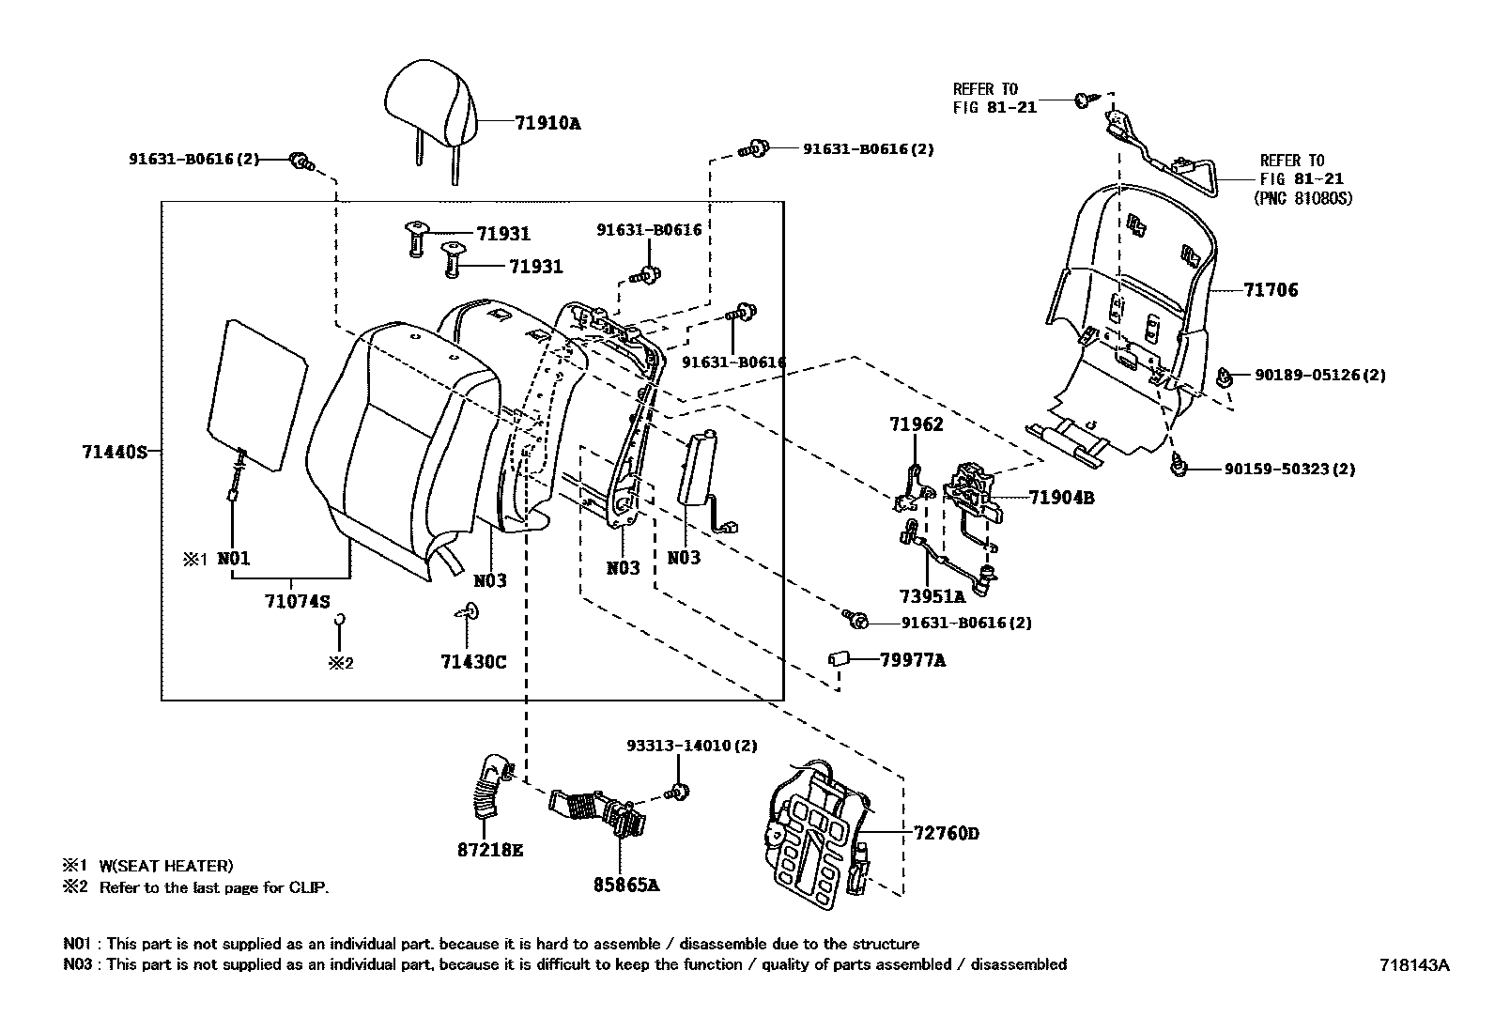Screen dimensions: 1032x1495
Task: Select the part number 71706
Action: (1271, 290)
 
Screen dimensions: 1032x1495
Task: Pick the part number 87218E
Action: (489, 850)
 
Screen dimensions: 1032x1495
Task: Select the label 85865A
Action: (625, 884)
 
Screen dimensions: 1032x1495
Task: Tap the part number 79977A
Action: (912, 660)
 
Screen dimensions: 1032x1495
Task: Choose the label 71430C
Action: (473, 662)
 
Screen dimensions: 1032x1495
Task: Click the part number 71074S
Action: (297, 602)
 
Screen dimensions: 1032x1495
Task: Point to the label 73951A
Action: (932, 596)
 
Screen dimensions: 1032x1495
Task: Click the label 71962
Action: (916, 424)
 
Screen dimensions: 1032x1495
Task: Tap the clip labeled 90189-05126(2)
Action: (1225, 377)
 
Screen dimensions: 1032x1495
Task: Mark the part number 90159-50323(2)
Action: (1289, 469)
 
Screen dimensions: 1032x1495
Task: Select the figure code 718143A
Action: (1414, 964)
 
